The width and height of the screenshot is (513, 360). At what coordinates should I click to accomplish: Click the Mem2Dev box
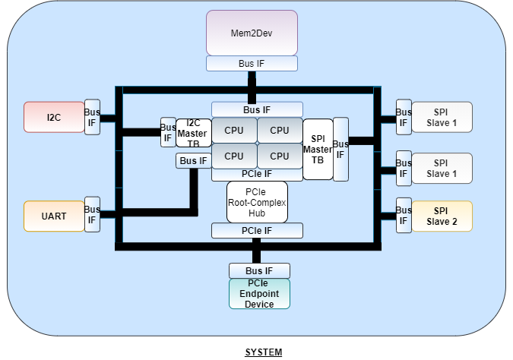(x=252, y=33)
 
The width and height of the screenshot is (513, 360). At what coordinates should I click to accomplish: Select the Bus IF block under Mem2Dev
(x=252, y=63)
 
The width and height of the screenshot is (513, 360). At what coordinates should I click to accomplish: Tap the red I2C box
(x=54, y=117)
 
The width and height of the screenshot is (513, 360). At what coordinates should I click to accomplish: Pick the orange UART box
(x=54, y=216)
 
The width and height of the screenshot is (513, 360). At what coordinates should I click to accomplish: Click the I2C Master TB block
(x=193, y=132)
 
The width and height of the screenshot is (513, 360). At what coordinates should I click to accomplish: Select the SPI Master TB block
(x=318, y=149)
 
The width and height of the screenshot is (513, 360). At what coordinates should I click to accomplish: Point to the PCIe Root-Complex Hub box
(x=257, y=202)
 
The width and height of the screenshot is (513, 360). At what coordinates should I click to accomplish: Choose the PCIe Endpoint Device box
(x=260, y=293)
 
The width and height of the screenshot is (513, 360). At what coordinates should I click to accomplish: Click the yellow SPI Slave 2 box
(x=442, y=216)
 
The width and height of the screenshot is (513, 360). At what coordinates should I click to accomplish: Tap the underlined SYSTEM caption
(x=263, y=352)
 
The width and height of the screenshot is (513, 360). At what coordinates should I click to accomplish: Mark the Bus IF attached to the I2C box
(x=92, y=117)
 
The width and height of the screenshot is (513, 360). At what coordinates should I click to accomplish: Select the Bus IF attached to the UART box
(x=92, y=215)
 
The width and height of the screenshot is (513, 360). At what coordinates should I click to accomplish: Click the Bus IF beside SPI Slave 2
(x=404, y=215)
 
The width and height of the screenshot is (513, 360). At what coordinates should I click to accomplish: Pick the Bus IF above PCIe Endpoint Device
(x=259, y=270)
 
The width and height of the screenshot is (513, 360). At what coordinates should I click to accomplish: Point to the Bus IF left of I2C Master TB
(x=167, y=132)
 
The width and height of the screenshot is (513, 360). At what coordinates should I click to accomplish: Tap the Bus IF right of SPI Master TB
(x=340, y=148)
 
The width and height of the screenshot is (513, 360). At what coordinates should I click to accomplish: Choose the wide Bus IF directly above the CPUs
(x=257, y=109)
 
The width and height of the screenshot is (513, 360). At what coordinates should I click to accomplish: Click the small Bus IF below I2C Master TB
(x=193, y=160)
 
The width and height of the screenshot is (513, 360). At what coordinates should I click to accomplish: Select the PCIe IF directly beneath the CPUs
(x=257, y=174)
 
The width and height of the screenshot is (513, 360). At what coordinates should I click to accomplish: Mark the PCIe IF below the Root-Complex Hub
(x=257, y=230)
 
